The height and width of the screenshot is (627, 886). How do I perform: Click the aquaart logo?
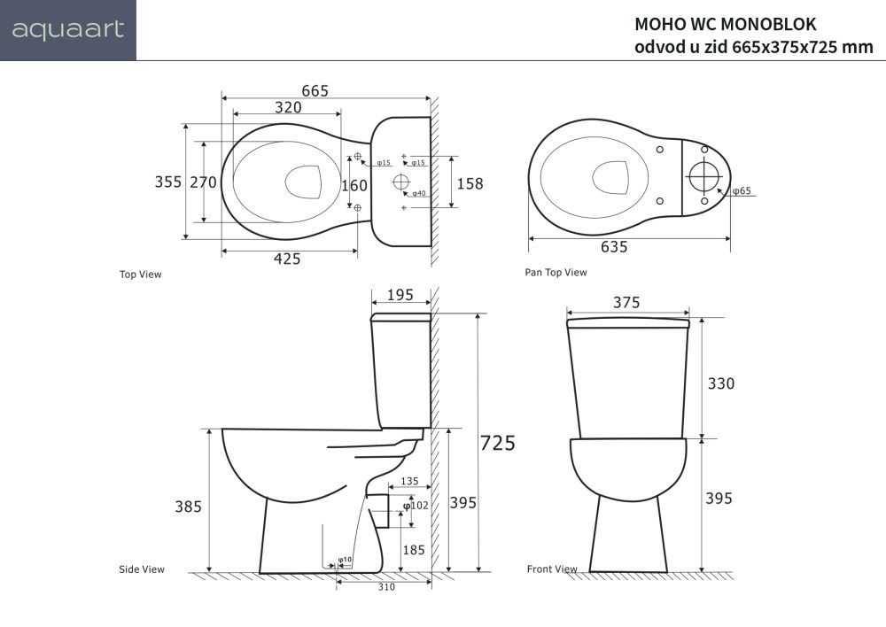click(x=67, y=30)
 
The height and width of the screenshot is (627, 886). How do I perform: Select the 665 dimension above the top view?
click(x=315, y=90)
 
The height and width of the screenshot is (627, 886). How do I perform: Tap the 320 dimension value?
click(x=287, y=107)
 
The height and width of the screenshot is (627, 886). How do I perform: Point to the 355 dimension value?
click(x=167, y=182)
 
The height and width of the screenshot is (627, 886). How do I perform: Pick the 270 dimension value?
click(x=203, y=182)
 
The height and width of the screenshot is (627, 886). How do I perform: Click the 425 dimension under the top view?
click(x=286, y=259)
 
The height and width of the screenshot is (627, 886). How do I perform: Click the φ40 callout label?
click(x=419, y=193)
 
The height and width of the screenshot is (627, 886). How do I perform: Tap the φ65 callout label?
click(x=742, y=191)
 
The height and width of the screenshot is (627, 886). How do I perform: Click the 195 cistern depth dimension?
click(x=400, y=295)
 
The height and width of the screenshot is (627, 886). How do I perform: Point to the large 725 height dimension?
click(x=497, y=443)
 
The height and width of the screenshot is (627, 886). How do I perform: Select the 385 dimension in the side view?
click(x=187, y=507)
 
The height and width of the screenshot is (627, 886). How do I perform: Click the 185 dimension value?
click(x=414, y=550)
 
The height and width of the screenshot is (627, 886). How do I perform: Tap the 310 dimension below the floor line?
click(x=386, y=586)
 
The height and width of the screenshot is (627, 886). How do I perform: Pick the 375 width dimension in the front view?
click(x=626, y=302)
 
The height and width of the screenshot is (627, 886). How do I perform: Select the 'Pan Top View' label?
click(x=556, y=273)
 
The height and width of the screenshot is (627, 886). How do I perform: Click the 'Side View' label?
click(x=141, y=569)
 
